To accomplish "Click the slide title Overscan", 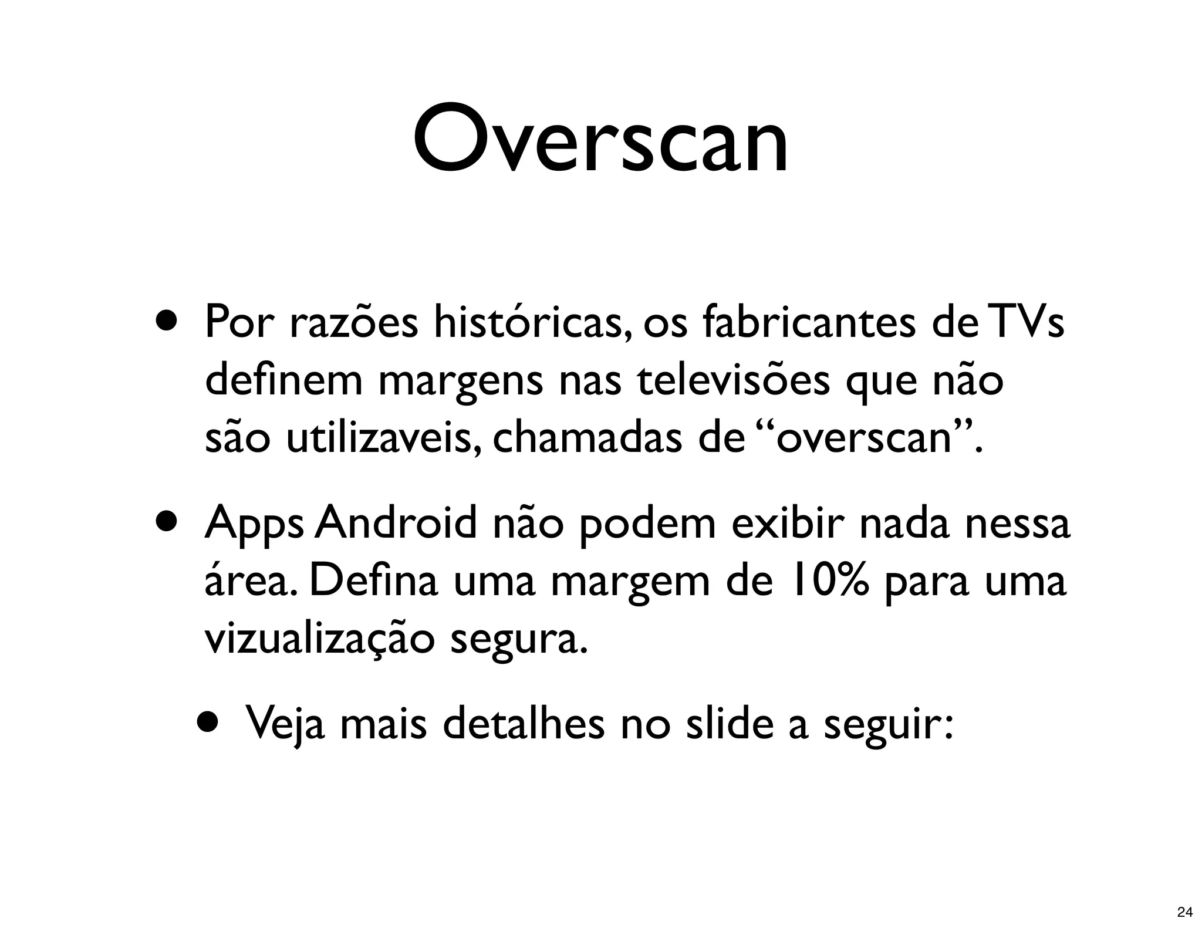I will click(600, 141).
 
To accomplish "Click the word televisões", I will click(733, 380).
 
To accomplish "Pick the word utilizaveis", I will click(379, 438).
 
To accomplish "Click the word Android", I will click(396, 523).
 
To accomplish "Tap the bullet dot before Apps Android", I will click(166, 522).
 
